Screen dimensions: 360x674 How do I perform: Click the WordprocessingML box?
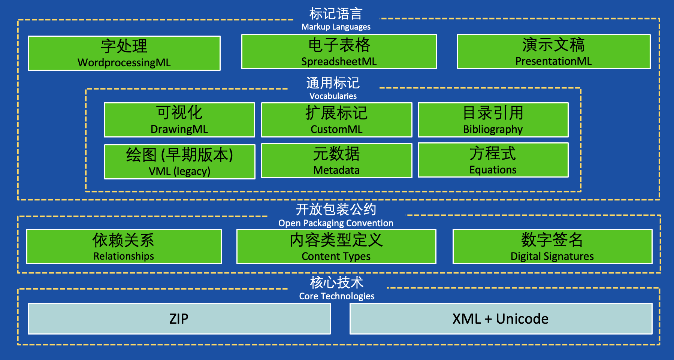(124, 53)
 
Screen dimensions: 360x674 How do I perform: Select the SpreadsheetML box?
(339, 52)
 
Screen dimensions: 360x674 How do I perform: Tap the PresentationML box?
(553, 52)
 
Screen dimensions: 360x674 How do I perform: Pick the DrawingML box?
(179, 120)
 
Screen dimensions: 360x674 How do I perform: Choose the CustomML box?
(336, 120)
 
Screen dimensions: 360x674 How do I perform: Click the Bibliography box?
(493, 120)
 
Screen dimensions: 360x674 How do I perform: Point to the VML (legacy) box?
(180, 162)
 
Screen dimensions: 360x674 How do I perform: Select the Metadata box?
(336, 161)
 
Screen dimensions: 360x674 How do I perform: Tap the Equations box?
(493, 160)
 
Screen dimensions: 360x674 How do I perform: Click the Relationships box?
(124, 246)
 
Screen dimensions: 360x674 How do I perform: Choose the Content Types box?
(336, 246)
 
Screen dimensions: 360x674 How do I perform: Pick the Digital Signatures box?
(552, 246)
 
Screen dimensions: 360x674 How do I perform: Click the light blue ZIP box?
(179, 318)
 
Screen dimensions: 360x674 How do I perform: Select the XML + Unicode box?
(501, 318)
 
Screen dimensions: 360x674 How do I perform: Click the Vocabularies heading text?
(333, 96)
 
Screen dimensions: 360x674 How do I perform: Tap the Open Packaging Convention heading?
(336, 223)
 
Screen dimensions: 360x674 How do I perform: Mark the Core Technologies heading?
(337, 296)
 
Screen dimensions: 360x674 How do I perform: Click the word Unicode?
(522, 319)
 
